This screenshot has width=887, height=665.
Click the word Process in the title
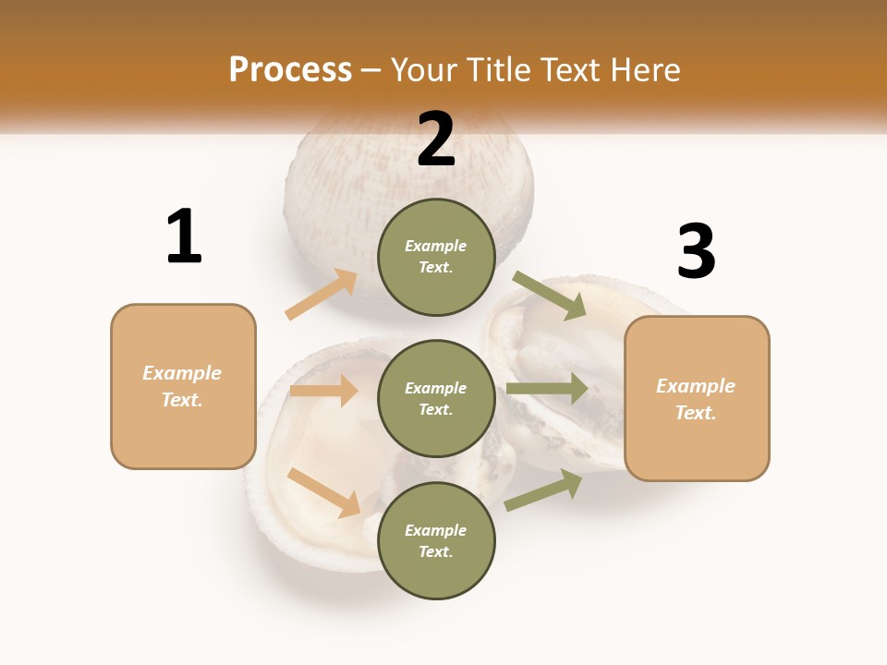point(290,69)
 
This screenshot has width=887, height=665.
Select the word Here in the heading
point(643,69)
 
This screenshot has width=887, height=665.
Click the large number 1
point(184,236)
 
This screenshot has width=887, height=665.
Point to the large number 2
point(436,139)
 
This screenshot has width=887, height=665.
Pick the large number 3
point(696,251)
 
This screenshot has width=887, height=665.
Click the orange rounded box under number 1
point(183,386)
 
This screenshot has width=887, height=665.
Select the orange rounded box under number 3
point(697,399)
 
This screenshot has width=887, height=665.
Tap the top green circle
point(436,257)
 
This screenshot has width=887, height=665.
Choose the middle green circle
point(436,398)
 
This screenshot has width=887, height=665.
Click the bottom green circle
point(436,540)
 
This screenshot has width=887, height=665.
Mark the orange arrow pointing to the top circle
point(322,295)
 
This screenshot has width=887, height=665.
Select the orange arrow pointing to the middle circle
point(323,391)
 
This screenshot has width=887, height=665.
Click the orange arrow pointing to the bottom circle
point(323,492)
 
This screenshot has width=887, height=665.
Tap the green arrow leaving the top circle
point(550,295)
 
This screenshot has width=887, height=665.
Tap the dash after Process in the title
point(371,70)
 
